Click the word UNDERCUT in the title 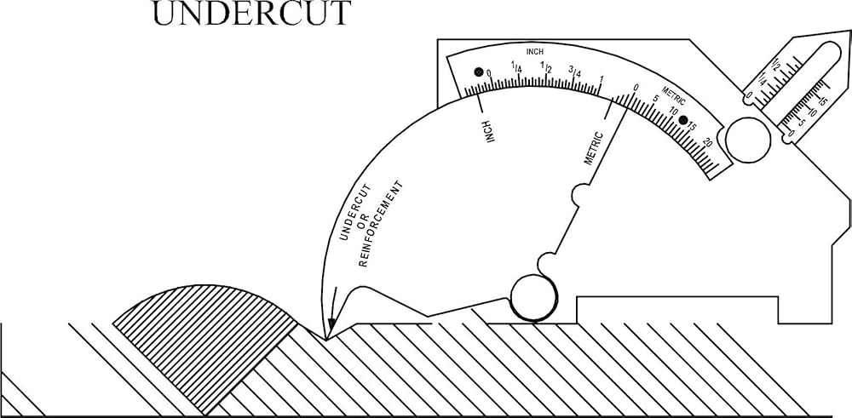tap(250, 14)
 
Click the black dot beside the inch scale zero tap(478, 72)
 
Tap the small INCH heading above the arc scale tap(535, 52)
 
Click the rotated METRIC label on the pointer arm tap(594, 147)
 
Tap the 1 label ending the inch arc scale tap(602, 80)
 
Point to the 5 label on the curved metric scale tap(655, 99)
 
